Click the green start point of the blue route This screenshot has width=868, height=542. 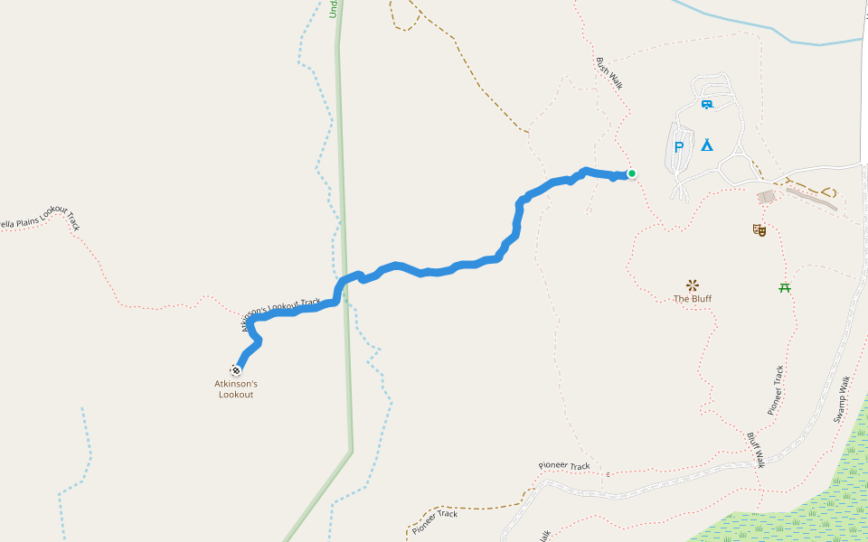[631, 173]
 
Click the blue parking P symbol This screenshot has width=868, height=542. [679, 147]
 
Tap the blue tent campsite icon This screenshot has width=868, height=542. [706, 145]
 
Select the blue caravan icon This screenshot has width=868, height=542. [707, 105]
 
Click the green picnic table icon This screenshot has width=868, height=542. [785, 287]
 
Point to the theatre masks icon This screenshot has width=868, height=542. [759, 230]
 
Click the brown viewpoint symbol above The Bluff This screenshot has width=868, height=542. [693, 285]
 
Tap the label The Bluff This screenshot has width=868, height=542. [693, 298]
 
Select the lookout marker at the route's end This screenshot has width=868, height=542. [236, 369]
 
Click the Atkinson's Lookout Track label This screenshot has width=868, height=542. [280, 313]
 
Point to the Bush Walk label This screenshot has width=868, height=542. [609, 73]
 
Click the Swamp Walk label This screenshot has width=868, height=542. [842, 399]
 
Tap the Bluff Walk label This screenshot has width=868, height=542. [756, 449]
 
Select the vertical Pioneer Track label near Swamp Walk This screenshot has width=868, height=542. [776, 390]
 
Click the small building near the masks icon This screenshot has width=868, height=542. [767, 196]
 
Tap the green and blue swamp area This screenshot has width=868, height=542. [814, 506]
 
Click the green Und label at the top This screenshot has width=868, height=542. [334, 8]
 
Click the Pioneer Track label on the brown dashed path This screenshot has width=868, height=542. [434, 519]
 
